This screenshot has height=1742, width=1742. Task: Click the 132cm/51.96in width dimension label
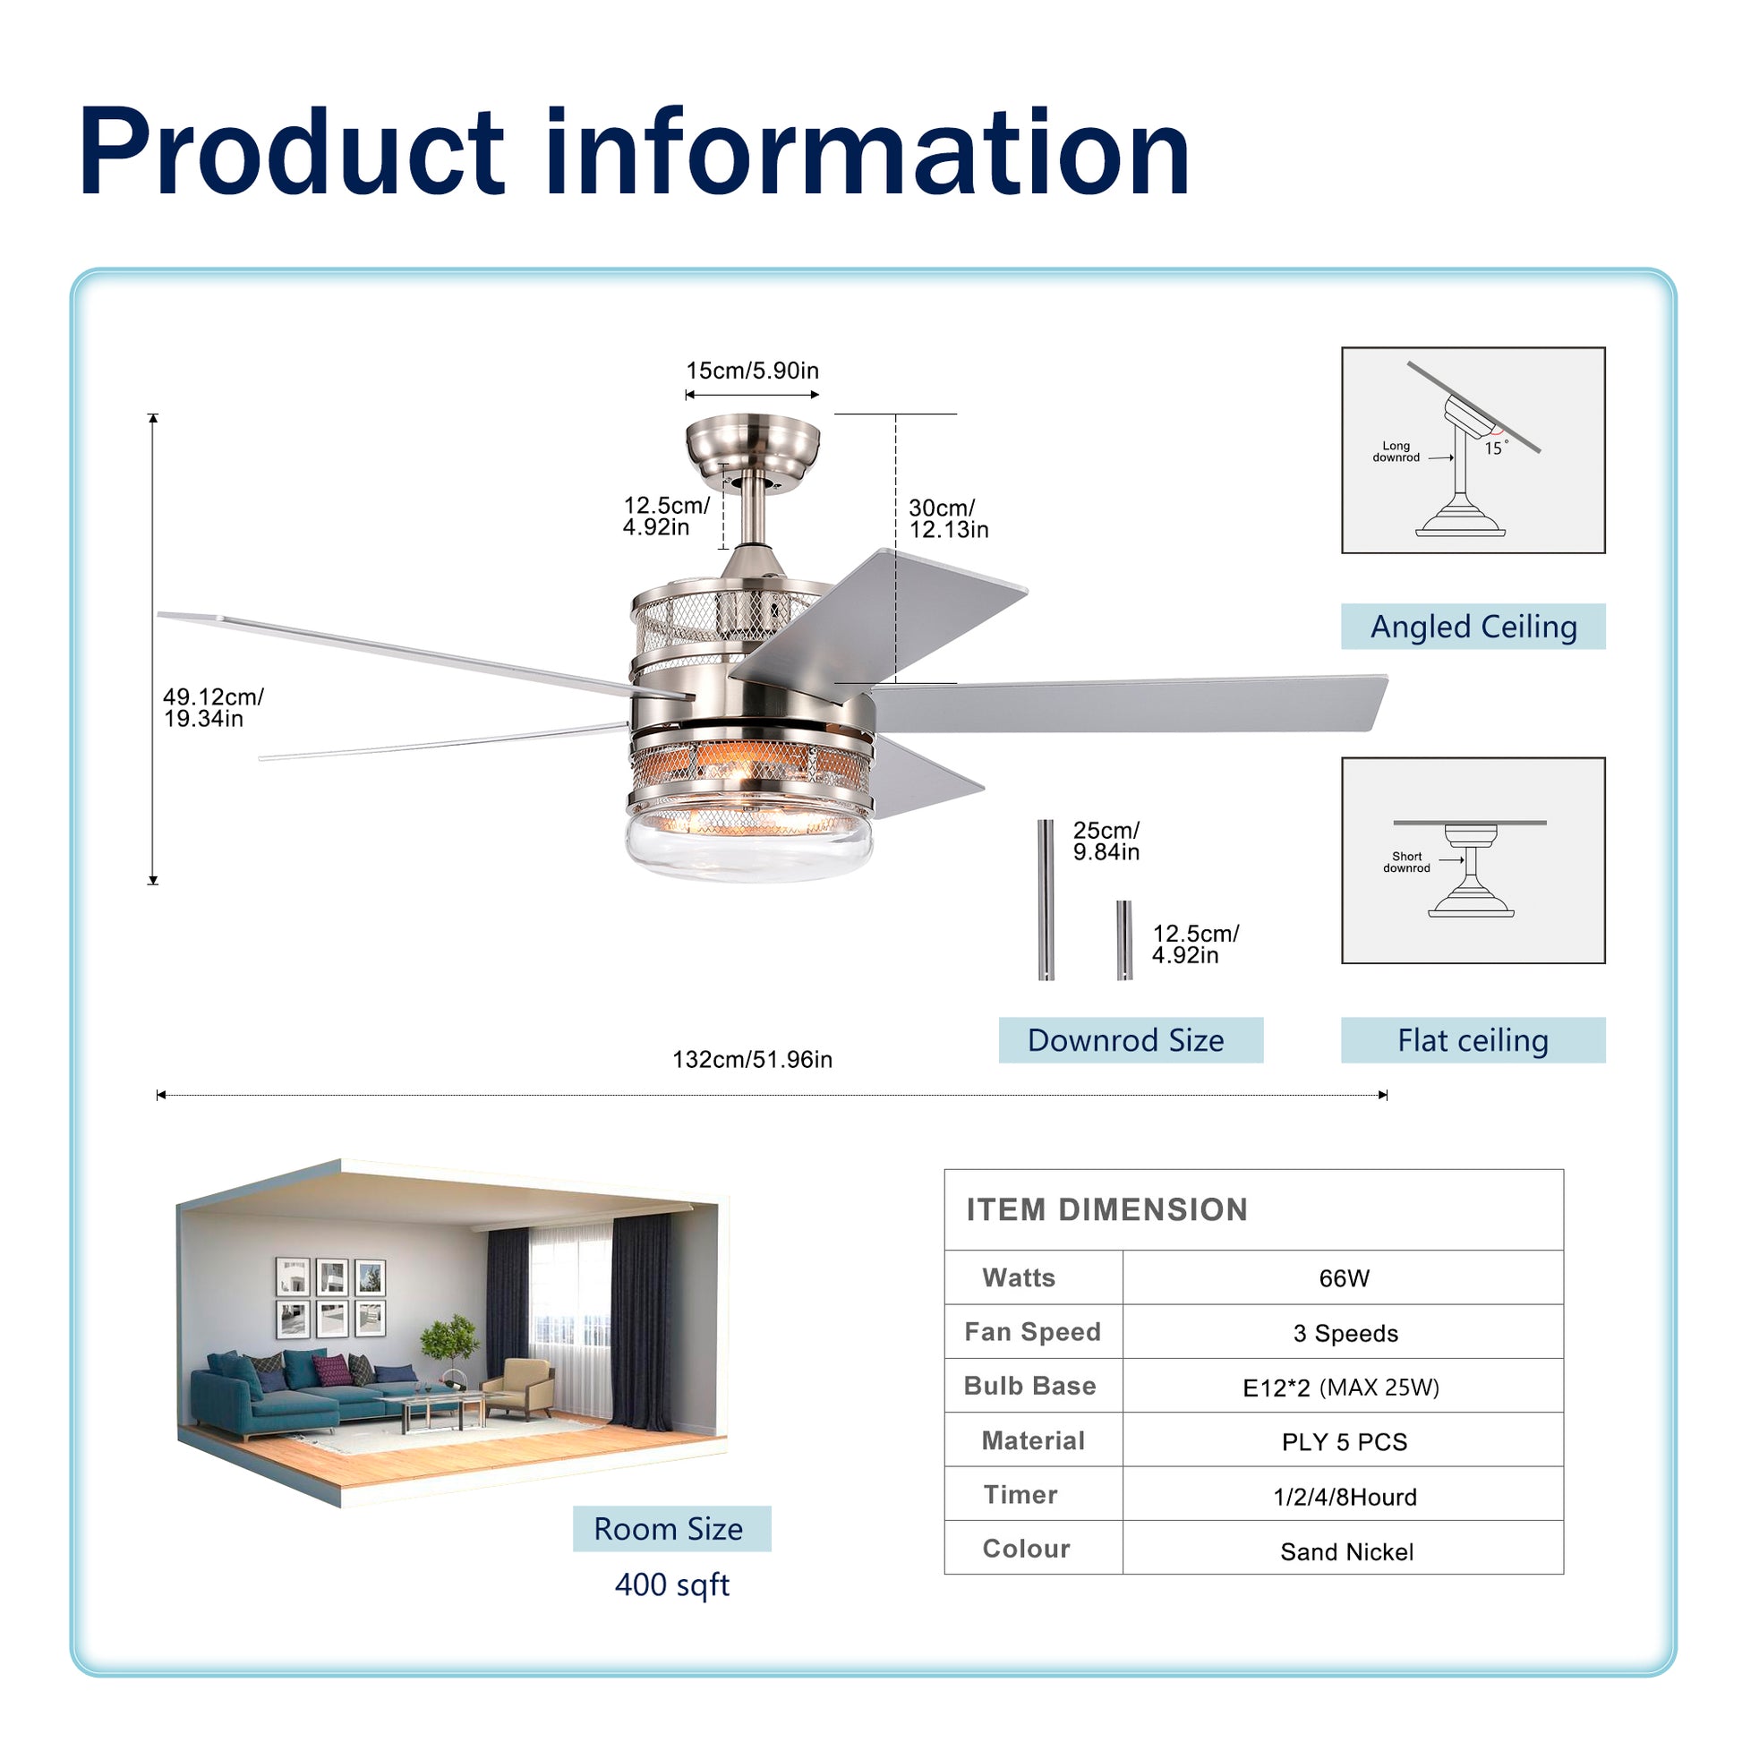click(752, 1060)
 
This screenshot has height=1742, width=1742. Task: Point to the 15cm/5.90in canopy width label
click(752, 371)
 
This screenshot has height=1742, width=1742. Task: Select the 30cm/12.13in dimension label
click(948, 518)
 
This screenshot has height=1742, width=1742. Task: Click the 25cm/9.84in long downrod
click(1046, 899)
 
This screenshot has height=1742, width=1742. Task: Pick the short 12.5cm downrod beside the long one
click(1123, 940)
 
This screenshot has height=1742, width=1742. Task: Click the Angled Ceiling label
click(1473, 627)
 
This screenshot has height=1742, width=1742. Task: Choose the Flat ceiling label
click(1473, 1040)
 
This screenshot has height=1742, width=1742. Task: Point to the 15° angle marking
click(1494, 448)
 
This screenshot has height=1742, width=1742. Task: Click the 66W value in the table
click(1344, 1277)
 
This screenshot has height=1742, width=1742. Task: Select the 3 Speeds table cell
click(1345, 1333)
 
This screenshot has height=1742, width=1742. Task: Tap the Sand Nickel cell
click(1346, 1551)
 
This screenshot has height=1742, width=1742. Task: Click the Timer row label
click(1020, 1495)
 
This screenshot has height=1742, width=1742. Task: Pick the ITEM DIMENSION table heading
click(1106, 1210)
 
